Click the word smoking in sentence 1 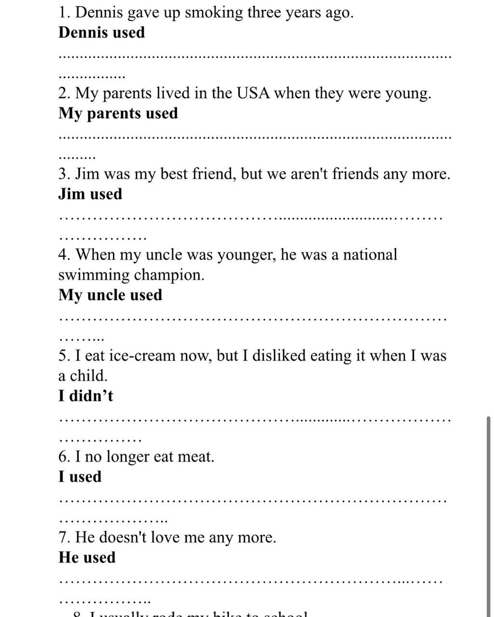click(214, 13)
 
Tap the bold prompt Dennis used click(101, 33)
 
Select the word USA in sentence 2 click(253, 93)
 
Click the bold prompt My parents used click(118, 113)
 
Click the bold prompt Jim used click(90, 194)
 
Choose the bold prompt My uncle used click(110, 295)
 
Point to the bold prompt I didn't click(86, 396)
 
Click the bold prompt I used click(80, 477)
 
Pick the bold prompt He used click(87, 558)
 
